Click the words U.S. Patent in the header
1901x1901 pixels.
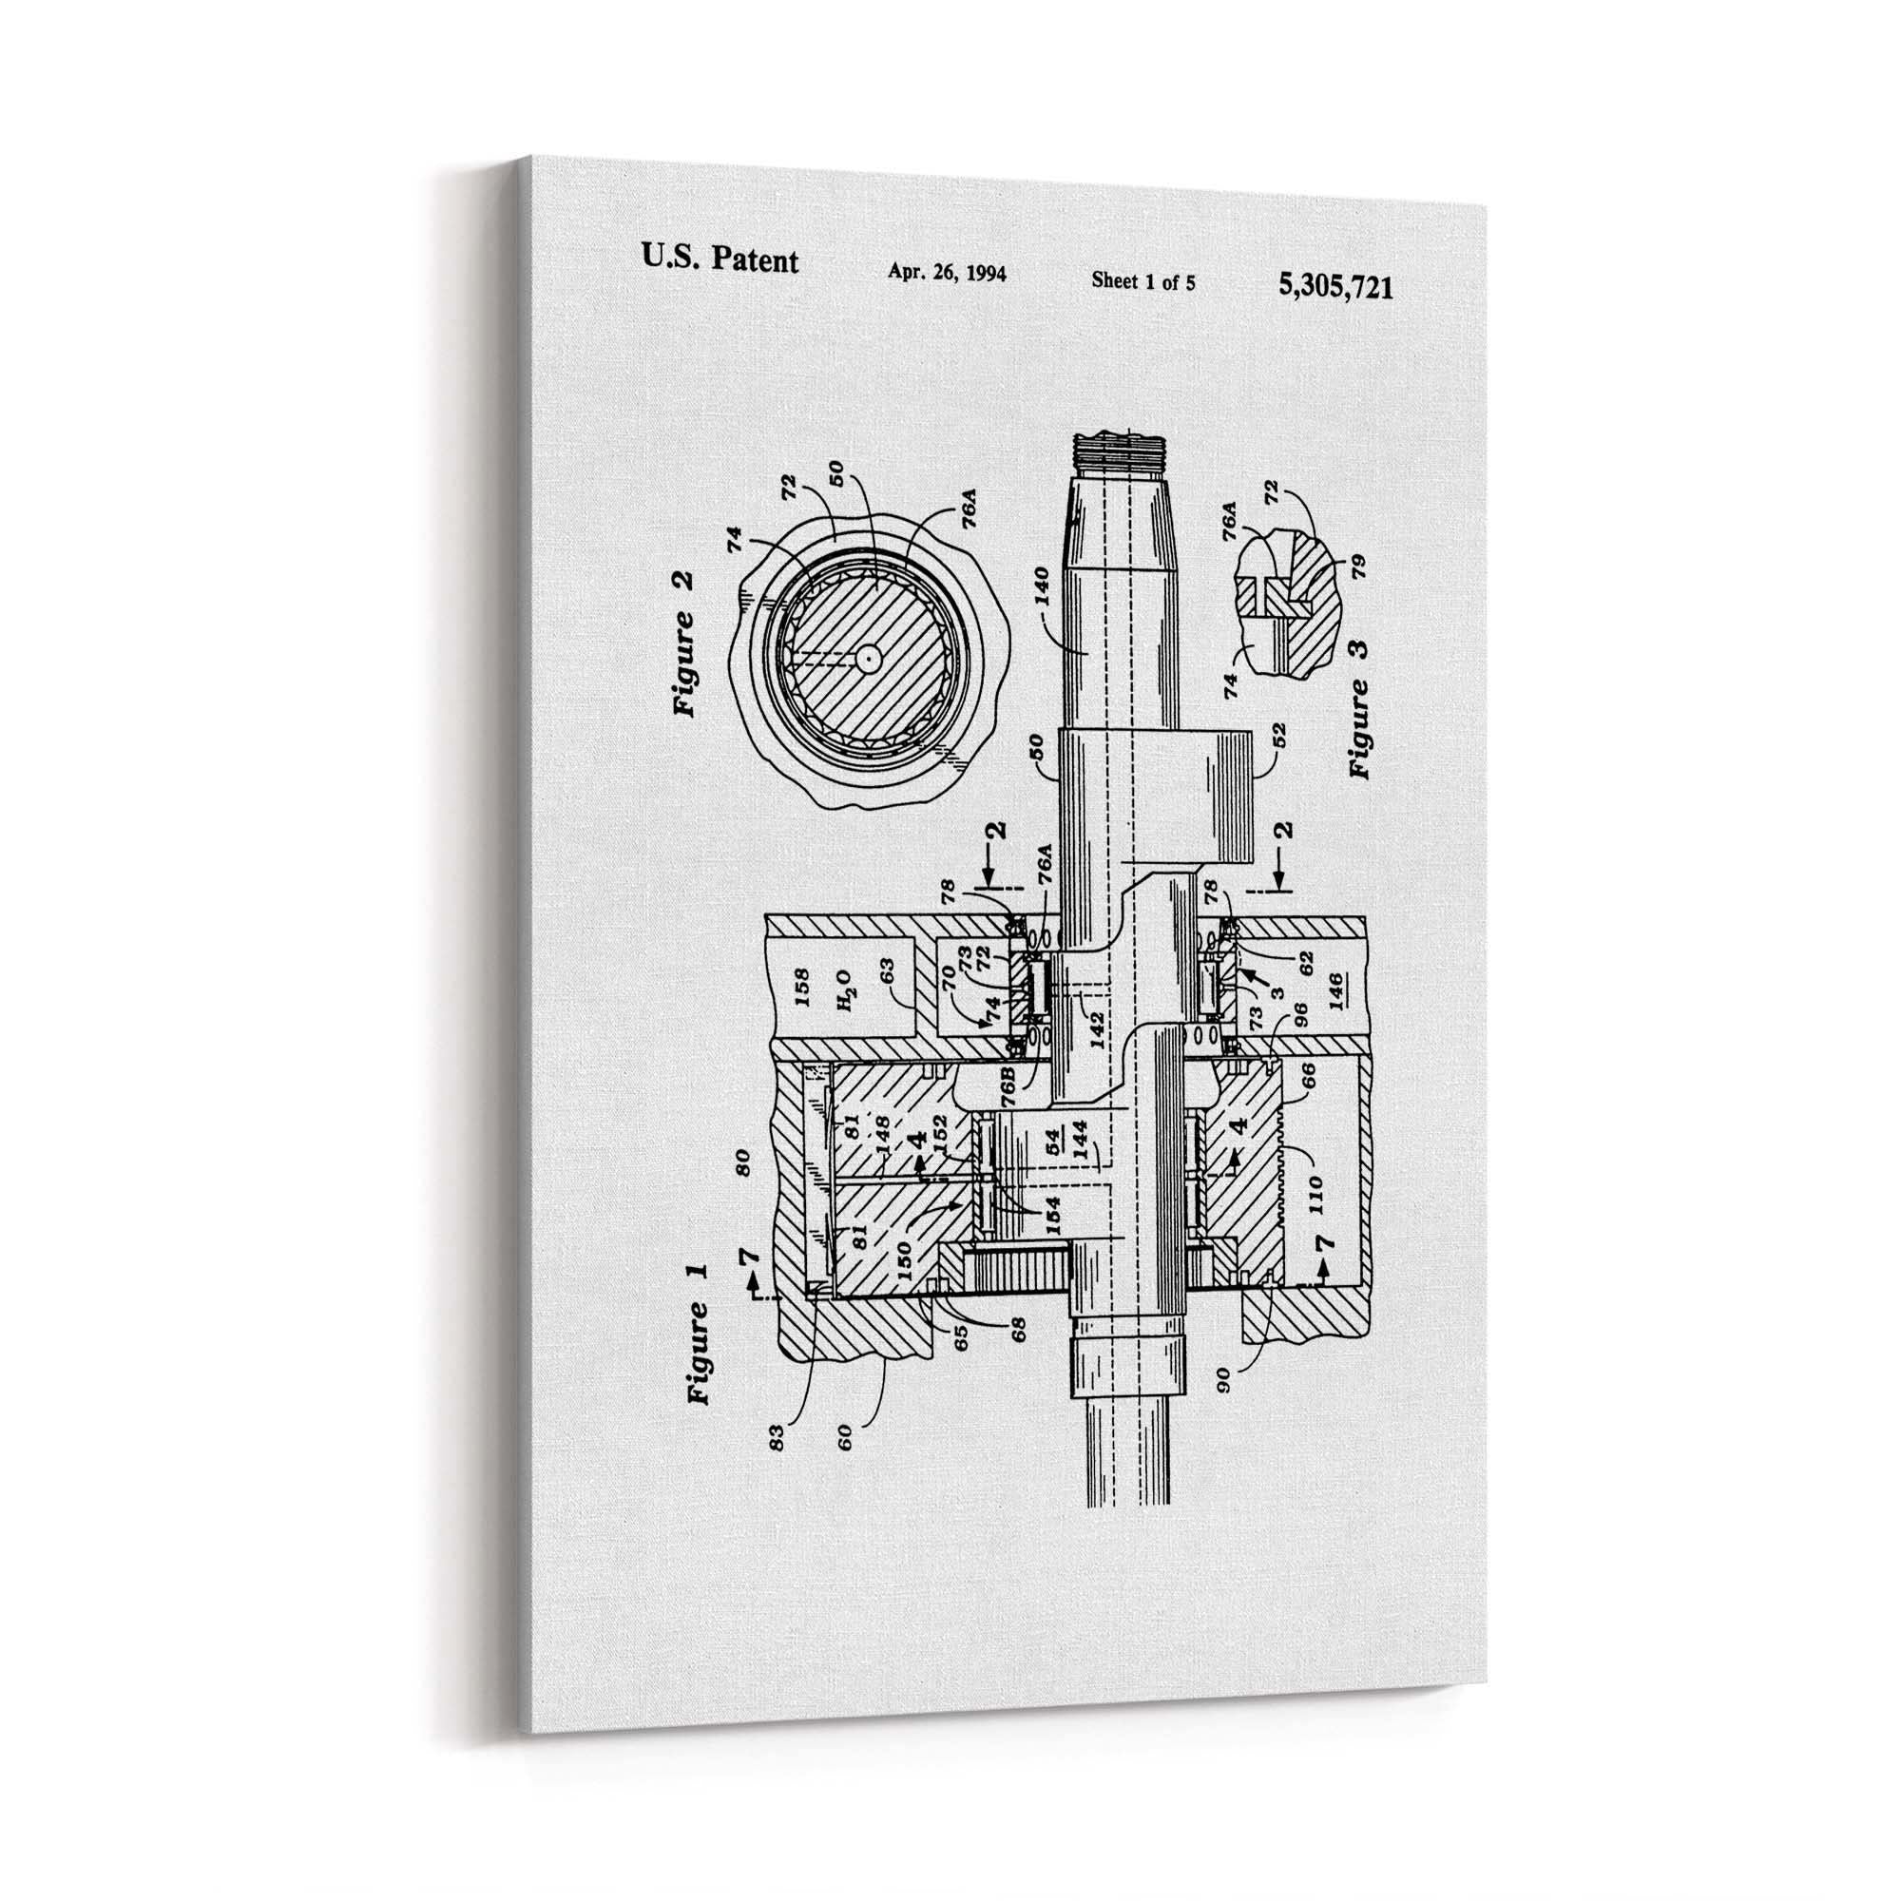tap(720, 259)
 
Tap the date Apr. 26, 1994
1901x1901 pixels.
tap(947, 273)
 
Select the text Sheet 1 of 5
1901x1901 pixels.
tap(1143, 281)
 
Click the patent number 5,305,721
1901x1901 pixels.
tap(1335, 287)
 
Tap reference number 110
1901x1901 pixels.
tap(1316, 1192)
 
